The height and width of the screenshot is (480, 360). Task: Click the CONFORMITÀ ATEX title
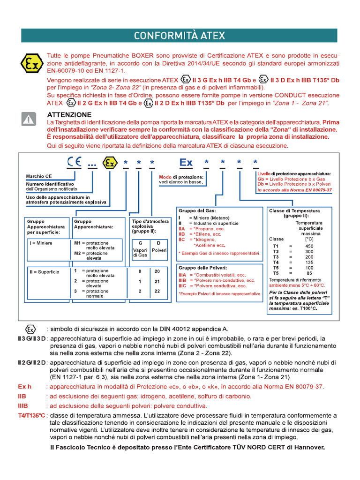180,36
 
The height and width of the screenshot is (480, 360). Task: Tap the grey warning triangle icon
29,120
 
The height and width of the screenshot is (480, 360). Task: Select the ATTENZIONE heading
69,114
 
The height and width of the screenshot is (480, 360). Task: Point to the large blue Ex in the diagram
186,163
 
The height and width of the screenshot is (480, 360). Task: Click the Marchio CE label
39,177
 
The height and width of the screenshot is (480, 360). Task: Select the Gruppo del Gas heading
197,211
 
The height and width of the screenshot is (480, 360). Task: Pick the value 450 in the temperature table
309,246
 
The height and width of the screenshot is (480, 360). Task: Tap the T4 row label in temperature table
276,262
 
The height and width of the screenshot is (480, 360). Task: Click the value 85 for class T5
309,273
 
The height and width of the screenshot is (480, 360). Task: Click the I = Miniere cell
41,243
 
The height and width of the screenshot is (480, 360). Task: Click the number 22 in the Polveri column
157,291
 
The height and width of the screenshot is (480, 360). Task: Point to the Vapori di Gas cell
140,253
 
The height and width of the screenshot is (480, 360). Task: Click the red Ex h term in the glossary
24,387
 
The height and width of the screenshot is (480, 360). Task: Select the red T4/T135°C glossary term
31,415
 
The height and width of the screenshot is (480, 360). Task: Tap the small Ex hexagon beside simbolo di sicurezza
30,329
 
